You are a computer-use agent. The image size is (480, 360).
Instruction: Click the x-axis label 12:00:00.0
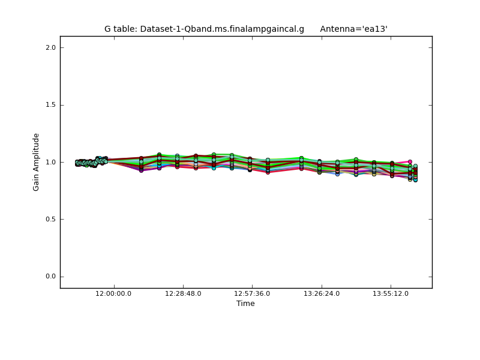[113, 293]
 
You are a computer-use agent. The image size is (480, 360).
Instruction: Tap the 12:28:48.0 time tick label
[183, 293]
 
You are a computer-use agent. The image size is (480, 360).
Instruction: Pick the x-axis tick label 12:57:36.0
[252, 293]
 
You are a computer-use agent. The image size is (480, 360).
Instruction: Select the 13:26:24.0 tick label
[322, 293]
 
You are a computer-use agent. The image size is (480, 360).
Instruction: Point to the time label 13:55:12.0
[391, 293]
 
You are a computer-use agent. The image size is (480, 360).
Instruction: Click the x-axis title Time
[245, 304]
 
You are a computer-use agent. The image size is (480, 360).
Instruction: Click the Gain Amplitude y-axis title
[37, 162]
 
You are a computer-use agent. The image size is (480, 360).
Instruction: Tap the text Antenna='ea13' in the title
[353, 29]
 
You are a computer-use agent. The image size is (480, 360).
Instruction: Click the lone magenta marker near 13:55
[410, 161]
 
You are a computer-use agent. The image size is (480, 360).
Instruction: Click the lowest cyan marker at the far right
[415, 179]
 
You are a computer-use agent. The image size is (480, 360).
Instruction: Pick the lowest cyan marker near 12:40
[214, 168]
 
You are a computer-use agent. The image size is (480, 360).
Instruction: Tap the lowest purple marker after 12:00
[142, 170]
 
